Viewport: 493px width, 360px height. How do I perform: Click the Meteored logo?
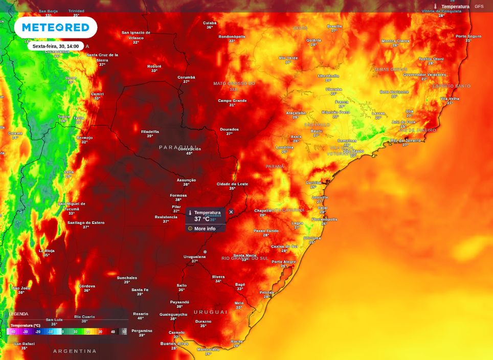click(56, 27)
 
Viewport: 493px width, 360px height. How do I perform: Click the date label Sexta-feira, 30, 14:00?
click(56, 46)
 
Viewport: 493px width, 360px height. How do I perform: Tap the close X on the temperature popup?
click(231, 212)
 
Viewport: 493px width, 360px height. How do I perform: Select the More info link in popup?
click(205, 229)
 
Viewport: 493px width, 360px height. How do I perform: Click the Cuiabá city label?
click(210, 23)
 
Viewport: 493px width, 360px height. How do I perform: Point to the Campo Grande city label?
click(232, 101)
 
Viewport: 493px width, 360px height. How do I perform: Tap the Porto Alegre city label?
click(283, 262)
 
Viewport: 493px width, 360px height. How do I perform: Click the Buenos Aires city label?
click(175, 344)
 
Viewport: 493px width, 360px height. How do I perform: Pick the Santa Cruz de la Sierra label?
click(102, 57)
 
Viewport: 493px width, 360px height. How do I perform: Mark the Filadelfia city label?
click(150, 131)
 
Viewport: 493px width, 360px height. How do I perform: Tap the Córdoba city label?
click(87, 286)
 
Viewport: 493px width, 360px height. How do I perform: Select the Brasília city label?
click(334, 26)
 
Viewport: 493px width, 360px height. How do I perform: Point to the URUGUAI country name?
click(210, 312)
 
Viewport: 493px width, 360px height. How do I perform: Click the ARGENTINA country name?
click(75, 351)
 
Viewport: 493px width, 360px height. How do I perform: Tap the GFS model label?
click(479, 7)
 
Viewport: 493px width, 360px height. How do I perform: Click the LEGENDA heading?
click(18, 314)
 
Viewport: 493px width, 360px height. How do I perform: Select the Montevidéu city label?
click(208, 349)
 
